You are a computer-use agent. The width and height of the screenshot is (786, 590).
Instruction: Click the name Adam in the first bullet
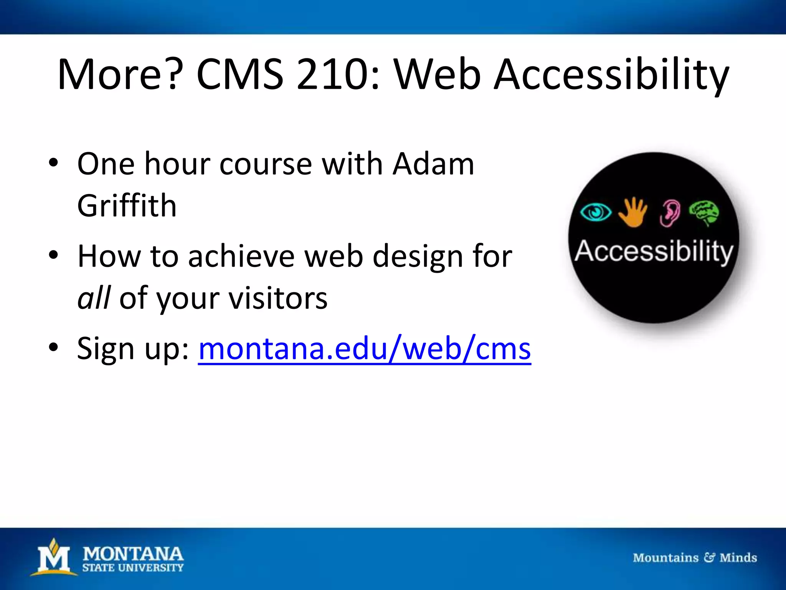(433, 164)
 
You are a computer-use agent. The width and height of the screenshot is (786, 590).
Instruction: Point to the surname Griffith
(127, 206)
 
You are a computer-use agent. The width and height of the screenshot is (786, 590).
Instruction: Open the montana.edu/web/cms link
(365, 349)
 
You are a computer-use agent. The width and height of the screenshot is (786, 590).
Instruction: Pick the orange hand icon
(632, 212)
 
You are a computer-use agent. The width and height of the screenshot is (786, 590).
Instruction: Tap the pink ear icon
(670, 213)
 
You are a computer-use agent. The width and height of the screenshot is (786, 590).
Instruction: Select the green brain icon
(704, 212)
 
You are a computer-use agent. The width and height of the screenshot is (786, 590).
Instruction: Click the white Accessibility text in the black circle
(654, 252)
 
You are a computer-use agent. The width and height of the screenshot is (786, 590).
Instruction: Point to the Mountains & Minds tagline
(695, 557)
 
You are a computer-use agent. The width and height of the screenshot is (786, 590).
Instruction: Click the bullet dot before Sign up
(53, 347)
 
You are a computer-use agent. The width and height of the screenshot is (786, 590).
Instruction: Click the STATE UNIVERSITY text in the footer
(133, 567)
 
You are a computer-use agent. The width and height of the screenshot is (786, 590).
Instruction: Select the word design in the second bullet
(418, 257)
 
